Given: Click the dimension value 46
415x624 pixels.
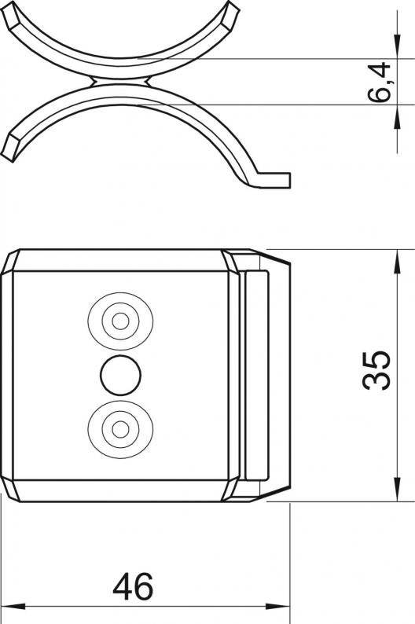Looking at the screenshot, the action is click(x=133, y=586).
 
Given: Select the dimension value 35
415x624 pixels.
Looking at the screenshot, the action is click(x=376, y=370).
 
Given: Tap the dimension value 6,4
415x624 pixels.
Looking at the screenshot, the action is click(x=379, y=82).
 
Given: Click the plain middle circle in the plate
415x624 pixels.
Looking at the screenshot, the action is click(x=120, y=376).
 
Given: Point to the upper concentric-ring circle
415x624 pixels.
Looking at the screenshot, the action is click(x=120, y=321).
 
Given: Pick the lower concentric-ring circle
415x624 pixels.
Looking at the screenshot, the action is click(x=120, y=429).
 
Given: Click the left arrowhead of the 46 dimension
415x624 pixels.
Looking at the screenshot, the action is click(x=13, y=607).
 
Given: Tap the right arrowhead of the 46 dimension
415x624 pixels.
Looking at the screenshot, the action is click(x=277, y=607).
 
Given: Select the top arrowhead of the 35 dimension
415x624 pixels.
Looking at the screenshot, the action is click(x=397, y=262).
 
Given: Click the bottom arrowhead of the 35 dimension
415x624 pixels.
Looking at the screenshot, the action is click(x=397, y=490).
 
